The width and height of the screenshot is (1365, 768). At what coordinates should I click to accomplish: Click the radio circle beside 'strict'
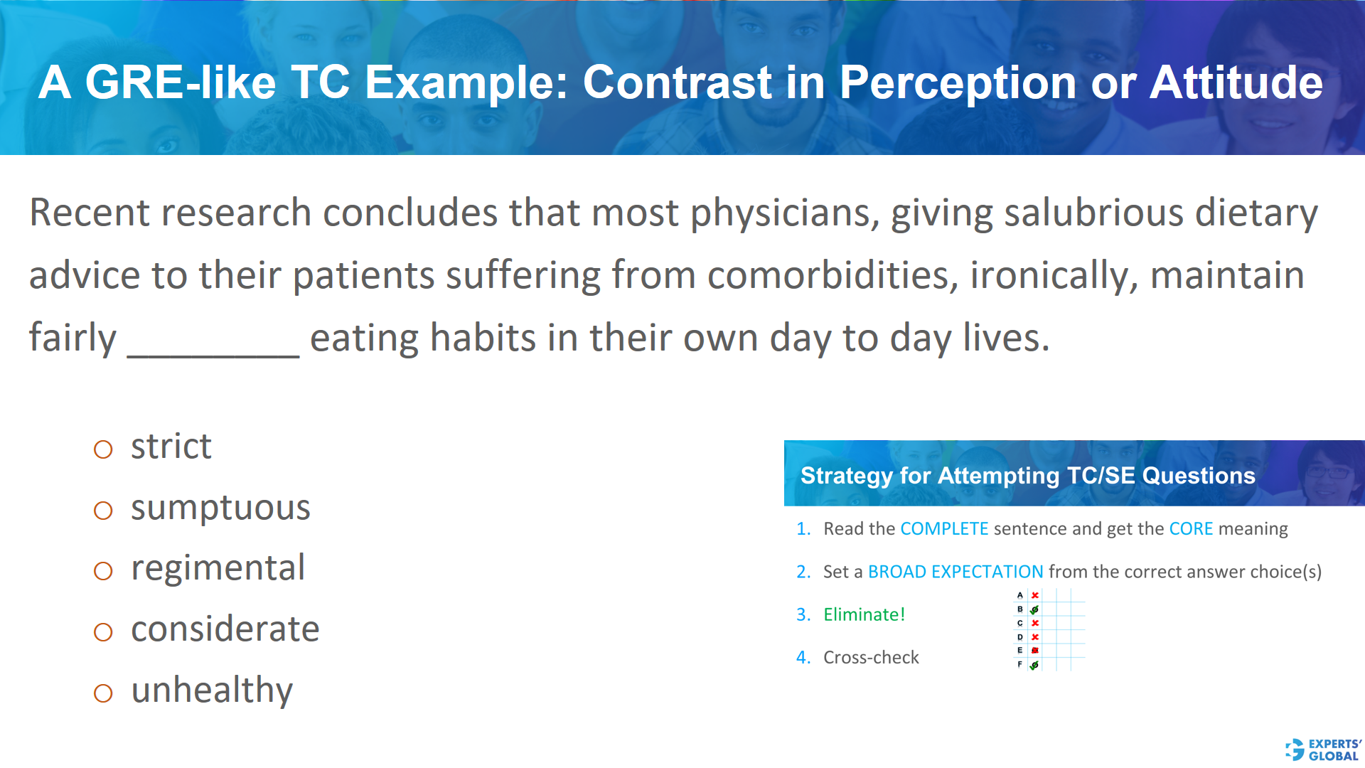click(x=103, y=449)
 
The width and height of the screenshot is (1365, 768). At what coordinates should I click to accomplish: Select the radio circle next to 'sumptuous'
click(x=103, y=511)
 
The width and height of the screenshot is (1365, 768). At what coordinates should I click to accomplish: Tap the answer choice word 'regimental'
click(x=218, y=568)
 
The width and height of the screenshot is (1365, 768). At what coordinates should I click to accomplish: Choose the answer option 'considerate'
click(x=225, y=629)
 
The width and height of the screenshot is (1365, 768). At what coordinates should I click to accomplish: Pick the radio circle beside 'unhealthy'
click(x=103, y=693)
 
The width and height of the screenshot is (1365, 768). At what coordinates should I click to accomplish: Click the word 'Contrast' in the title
click(x=677, y=82)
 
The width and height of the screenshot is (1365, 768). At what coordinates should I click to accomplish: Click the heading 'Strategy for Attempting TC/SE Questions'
click(x=1027, y=475)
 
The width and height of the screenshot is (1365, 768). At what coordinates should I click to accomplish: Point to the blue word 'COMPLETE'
click(x=944, y=529)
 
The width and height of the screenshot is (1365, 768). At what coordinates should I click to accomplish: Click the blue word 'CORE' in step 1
click(x=1191, y=529)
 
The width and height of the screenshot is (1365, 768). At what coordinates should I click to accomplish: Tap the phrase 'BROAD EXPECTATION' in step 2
click(x=955, y=572)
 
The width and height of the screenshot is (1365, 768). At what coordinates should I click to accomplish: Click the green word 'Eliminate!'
click(x=864, y=614)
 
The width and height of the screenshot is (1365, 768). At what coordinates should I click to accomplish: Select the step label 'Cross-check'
click(x=871, y=657)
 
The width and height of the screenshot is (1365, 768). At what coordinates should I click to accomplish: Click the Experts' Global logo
click(x=1323, y=750)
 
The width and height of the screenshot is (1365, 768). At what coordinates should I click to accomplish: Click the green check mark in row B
click(x=1034, y=609)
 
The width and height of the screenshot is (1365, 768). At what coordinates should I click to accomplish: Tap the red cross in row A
click(x=1035, y=595)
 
